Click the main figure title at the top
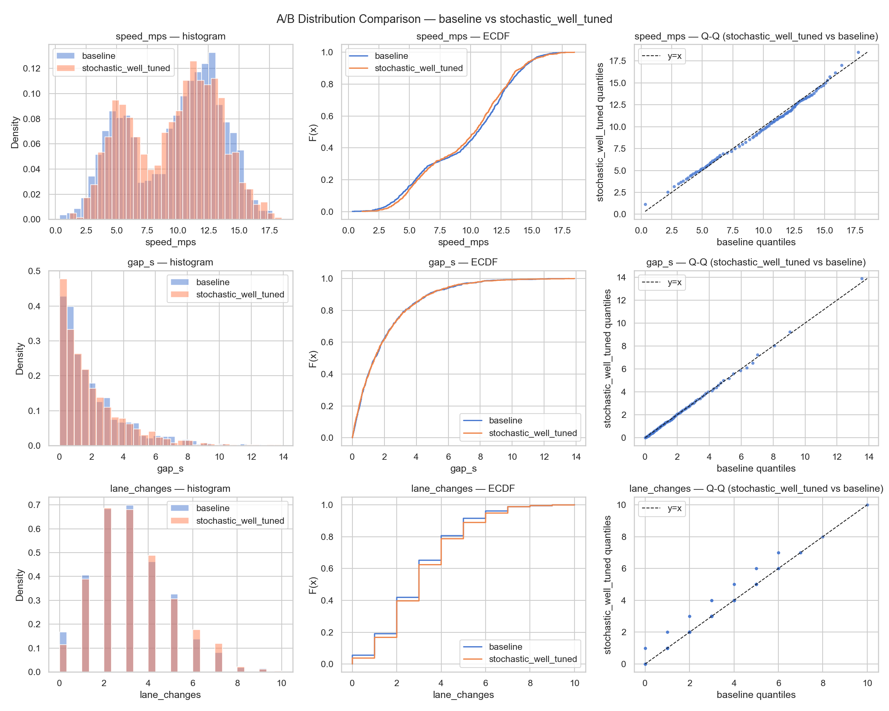pos(444,19)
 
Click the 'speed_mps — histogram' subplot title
pos(170,36)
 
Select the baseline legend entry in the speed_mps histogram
pos(98,56)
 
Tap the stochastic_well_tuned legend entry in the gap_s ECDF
pos(532,433)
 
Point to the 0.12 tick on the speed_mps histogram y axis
pos(32,68)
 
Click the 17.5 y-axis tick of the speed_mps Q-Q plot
pos(617,61)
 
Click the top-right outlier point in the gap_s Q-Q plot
pos(862,278)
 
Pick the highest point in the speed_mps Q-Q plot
pos(858,53)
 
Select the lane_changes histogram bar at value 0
pos(63,658)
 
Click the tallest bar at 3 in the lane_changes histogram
pos(130,589)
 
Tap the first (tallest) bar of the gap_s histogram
pos(63,363)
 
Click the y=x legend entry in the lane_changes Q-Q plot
pos(674,508)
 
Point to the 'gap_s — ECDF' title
pos(463,262)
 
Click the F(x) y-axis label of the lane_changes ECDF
pos(313,585)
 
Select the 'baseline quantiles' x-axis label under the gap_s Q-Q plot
pos(756,468)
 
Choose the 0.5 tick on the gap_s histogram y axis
pos(34,271)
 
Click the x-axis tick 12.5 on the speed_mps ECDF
pos(501,230)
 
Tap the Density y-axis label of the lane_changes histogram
pos(19,585)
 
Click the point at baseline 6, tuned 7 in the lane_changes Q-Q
pos(778,553)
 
